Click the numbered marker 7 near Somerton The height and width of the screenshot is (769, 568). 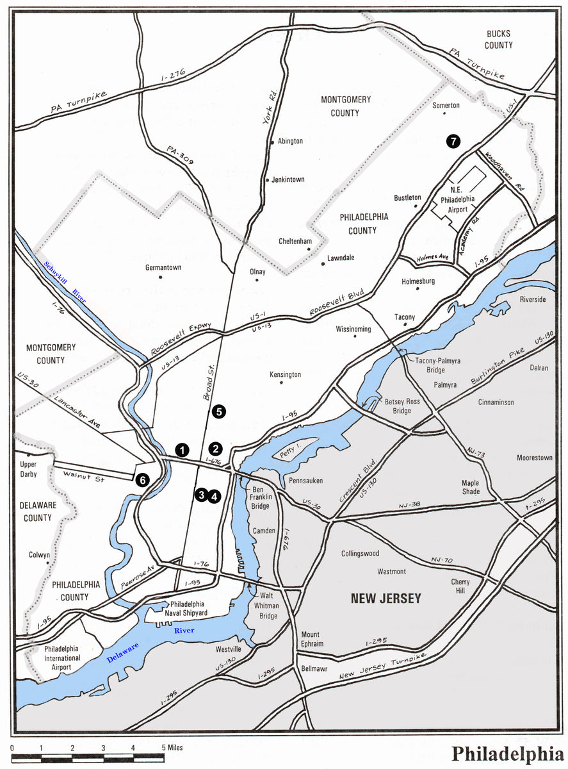click(453, 142)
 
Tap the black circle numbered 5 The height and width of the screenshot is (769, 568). click(220, 411)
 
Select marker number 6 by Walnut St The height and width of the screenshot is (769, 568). click(142, 479)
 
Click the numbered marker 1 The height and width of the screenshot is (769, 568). click(183, 449)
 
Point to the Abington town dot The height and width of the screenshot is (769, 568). click(273, 142)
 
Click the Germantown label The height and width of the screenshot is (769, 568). click(163, 267)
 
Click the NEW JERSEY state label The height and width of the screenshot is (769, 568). click(385, 599)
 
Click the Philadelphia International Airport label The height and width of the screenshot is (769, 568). click(62, 658)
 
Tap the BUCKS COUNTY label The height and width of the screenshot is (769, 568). click(499, 40)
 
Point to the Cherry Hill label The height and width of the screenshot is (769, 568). click(460, 586)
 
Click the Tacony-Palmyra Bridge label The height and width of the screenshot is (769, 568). click(430, 366)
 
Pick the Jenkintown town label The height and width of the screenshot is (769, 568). click(288, 180)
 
